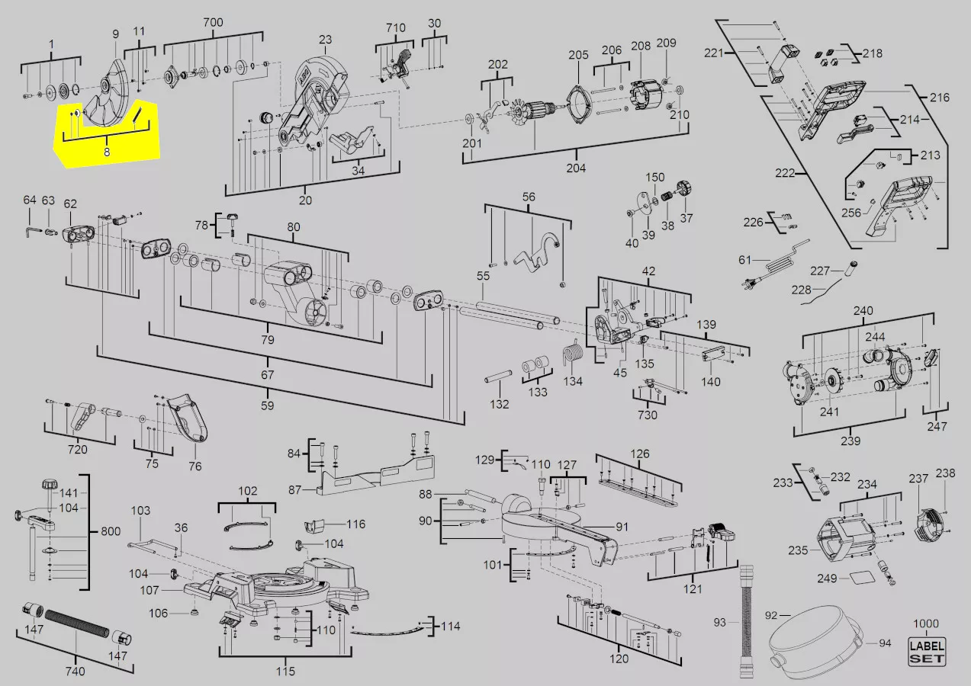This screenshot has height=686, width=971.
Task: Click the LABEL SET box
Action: pyautogui.click(x=927, y=652)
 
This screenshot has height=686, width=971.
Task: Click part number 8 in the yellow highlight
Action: pyautogui.click(x=107, y=152)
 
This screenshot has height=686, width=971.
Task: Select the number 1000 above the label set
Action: pyautogui.click(x=926, y=623)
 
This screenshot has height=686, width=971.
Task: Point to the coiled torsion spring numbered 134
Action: pyautogui.click(x=573, y=354)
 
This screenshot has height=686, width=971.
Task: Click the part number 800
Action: pyautogui.click(x=111, y=531)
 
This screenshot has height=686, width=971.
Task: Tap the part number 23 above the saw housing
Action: pyautogui.click(x=325, y=40)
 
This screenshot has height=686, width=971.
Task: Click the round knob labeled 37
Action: pyautogui.click(x=685, y=190)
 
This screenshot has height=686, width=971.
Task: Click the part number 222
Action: pyautogui.click(x=785, y=173)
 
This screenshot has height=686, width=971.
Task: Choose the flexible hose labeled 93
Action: pyautogui.click(x=748, y=622)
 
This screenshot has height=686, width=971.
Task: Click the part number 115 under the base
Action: pyautogui.click(x=285, y=671)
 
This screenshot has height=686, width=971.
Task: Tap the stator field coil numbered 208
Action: pyautogui.click(x=646, y=95)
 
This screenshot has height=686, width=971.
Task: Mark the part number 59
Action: pyautogui.click(x=268, y=406)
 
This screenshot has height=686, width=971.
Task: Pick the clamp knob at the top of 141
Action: pyautogui.click(x=50, y=484)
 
